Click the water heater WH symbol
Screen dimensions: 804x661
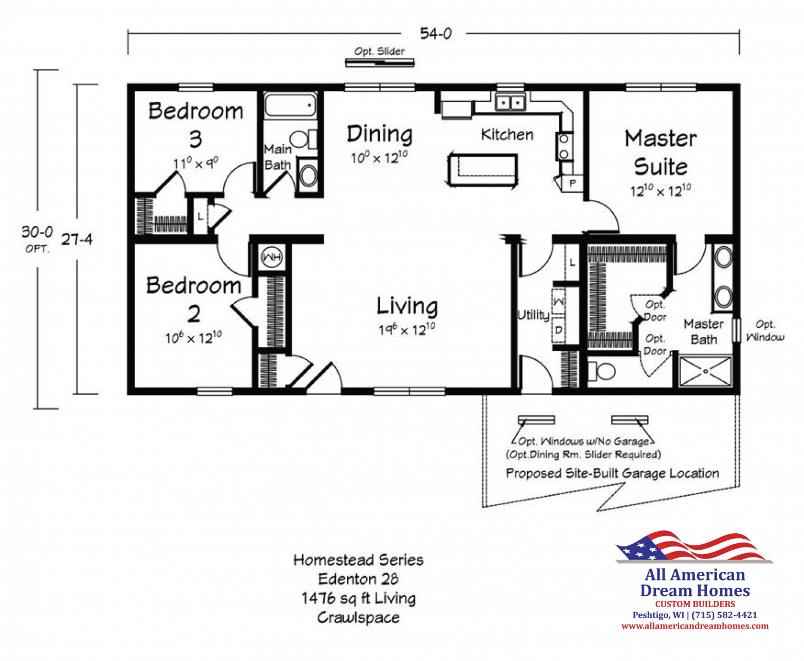[x=271, y=257]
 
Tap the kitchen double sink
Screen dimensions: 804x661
[x=510, y=102]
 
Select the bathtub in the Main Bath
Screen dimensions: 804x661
[x=290, y=105]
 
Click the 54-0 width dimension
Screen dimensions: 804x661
[x=436, y=34]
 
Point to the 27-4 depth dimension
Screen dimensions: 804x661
[x=77, y=239]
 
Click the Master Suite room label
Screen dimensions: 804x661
[x=661, y=153]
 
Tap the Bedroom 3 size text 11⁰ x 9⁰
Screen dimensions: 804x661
[x=195, y=163]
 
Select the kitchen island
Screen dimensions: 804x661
[x=482, y=170]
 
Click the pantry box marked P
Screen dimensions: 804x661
[x=572, y=183]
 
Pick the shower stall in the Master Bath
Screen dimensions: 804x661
[x=705, y=371]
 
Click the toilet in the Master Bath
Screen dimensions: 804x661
[x=601, y=371]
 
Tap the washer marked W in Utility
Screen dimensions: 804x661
[x=558, y=302]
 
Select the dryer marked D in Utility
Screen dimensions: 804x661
[x=558, y=329]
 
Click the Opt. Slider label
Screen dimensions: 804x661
[x=379, y=51]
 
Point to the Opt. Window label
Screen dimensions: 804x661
[x=765, y=330]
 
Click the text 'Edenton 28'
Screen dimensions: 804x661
[x=358, y=579]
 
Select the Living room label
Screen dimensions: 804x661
[x=407, y=306]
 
